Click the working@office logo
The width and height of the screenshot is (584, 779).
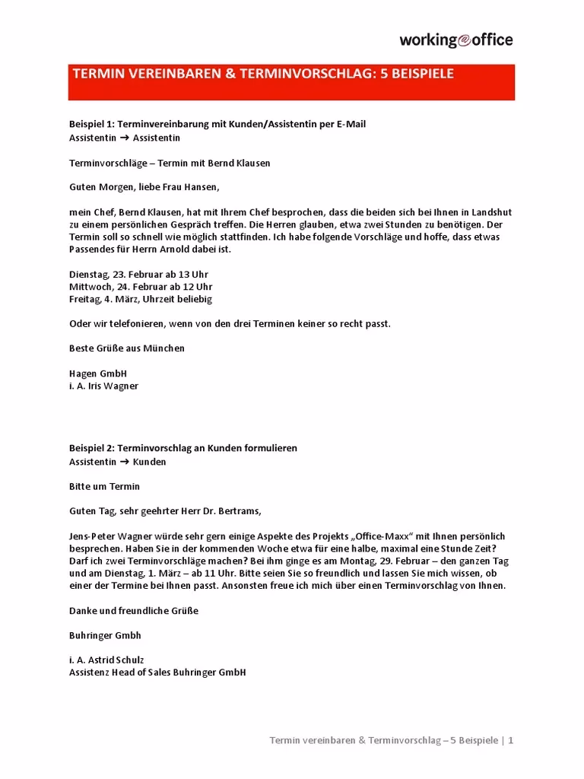click(x=456, y=40)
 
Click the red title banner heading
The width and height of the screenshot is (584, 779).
click(x=262, y=74)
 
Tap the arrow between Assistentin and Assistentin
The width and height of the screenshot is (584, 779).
click(x=125, y=138)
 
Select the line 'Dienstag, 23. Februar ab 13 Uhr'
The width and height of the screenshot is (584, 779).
click(x=138, y=274)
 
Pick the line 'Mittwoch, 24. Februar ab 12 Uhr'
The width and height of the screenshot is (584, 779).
click(x=141, y=286)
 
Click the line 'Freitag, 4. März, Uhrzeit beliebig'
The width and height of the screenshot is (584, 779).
click(x=141, y=299)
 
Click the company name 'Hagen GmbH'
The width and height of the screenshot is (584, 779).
click(x=98, y=374)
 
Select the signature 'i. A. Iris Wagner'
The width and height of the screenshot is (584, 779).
click(x=103, y=386)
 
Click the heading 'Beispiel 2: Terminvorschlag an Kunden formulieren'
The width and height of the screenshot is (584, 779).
click(x=183, y=448)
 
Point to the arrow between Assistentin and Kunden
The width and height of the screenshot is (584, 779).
click(x=125, y=462)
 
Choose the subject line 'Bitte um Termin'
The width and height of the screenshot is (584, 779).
click(x=104, y=486)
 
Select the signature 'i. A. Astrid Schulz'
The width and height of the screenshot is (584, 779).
click(x=106, y=660)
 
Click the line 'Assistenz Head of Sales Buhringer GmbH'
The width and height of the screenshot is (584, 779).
click(x=157, y=672)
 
